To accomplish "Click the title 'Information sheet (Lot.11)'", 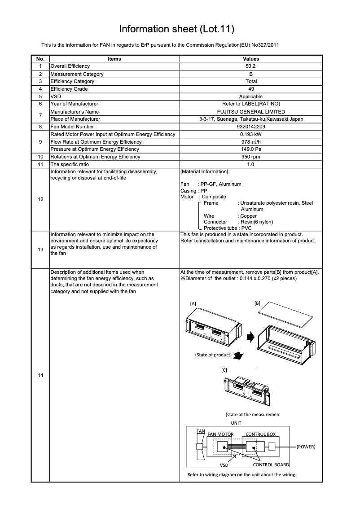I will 176,29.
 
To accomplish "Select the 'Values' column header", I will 251,59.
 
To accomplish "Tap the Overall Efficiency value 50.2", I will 251,66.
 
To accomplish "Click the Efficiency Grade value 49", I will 251,89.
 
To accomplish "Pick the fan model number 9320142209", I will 251,127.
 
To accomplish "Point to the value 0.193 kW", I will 251,134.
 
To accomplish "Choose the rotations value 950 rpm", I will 251,157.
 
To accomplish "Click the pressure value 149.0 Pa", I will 251,149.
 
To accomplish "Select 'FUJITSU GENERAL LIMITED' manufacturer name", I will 251,112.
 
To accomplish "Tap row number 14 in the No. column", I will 40,375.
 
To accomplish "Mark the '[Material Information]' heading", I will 204,172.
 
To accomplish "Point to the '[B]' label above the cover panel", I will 257,303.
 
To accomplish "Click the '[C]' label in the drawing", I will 224,370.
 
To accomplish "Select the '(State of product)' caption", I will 213,355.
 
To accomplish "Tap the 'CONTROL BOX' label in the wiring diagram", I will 260,434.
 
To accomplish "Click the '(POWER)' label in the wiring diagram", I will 306,447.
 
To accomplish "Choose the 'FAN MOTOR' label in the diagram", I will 220,434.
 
